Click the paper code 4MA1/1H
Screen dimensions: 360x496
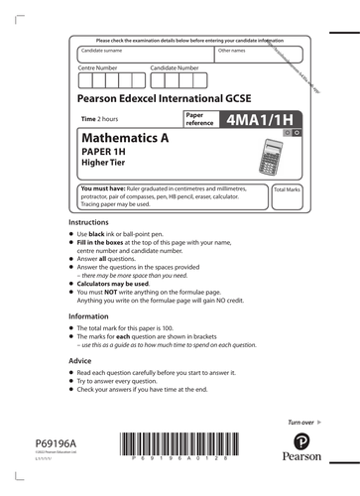tap(256, 120)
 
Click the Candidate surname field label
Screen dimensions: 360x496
tap(103, 49)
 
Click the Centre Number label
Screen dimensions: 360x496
tap(98, 67)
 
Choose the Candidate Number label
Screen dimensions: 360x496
tap(176, 67)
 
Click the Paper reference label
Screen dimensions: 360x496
tap(199, 119)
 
